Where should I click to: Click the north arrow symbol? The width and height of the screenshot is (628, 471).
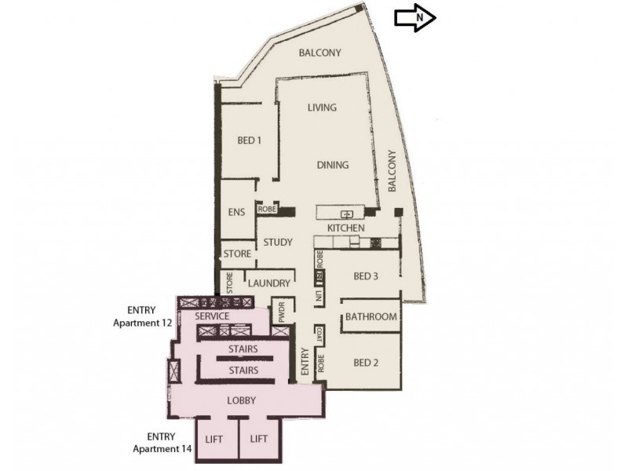tap(414, 16)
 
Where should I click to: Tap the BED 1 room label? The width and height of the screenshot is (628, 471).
tap(249, 141)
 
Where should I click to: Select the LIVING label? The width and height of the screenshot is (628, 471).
tap(322, 107)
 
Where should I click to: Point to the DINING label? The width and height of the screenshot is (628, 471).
tap(332, 165)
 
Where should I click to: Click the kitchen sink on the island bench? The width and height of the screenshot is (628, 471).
tap(345, 214)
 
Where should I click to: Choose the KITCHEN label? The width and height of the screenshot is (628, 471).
tap(346, 228)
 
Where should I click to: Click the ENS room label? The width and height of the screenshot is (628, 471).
tap(236, 212)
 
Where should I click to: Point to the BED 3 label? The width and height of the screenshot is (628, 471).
tap(365, 276)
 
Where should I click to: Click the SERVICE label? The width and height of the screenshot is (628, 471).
tap(212, 316)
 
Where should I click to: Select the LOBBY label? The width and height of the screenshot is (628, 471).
tap(242, 400)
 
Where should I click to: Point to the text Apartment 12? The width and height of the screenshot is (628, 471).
tap(142, 322)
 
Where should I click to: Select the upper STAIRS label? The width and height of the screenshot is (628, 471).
tap(243, 349)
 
